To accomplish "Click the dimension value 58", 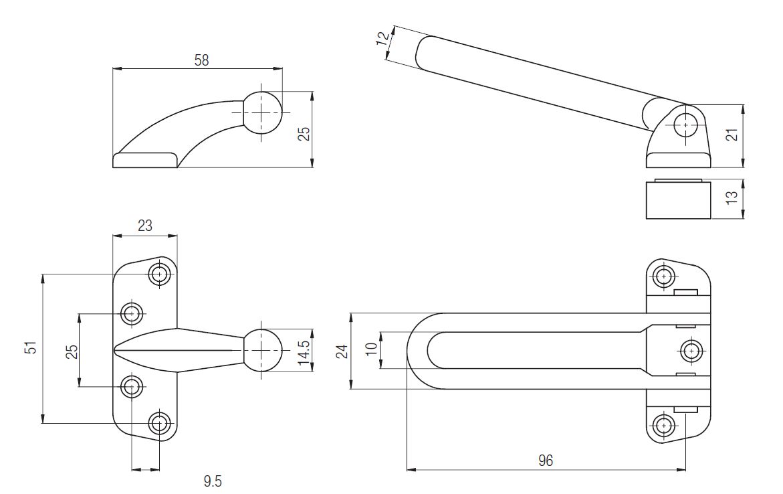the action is (202, 60).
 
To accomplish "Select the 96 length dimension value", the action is (546, 460).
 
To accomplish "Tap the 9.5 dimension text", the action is (213, 481).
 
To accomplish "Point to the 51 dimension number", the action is (31, 347).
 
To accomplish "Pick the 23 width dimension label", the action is (145, 226).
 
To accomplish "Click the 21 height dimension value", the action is (732, 134).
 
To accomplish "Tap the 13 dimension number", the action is (732, 197).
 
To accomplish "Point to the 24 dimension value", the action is (342, 351).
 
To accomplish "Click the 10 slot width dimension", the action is (371, 349).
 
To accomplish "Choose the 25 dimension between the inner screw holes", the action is (72, 351).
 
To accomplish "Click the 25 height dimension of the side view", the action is (304, 133).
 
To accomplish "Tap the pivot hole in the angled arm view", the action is (685, 125).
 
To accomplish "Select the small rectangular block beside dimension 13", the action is (678, 199).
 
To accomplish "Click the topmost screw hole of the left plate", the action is (160, 274).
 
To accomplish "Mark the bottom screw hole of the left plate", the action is (160, 424).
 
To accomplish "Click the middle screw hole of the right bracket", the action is (691, 351).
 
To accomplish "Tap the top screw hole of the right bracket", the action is (664, 276).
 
